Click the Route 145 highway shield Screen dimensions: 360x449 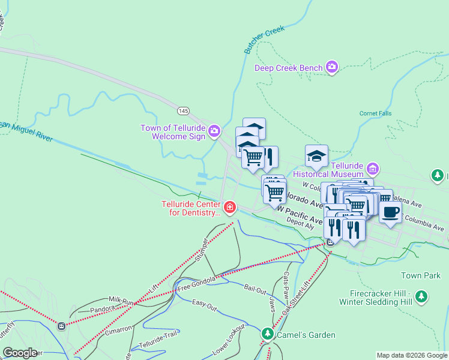pyautogui.click(x=184, y=110)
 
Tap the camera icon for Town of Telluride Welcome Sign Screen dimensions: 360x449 pyautogui.click(x=214, y=130)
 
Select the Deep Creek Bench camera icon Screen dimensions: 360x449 pyautogui.click(x=332, y=67)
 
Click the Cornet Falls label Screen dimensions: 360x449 pyautogui.click(x=375, y=113)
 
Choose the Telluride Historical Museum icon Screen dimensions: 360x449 pyautogui.click(x=372, y=167)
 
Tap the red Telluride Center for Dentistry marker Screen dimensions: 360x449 pyautogui.click(x=229, y=208)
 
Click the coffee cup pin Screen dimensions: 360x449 pyautogui.click(x=390, y=212)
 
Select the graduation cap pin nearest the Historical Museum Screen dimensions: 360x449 pyautogui.click(x=316, y=157)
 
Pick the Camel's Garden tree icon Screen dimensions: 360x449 pyautogui.click(x=268, y=333)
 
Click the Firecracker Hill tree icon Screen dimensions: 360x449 pyautogui.click(x=422, y=296)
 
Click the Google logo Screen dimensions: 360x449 pyautogui.click(x=20, y=353)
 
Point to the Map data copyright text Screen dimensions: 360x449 pyautogui.click(x=411, y=355)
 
